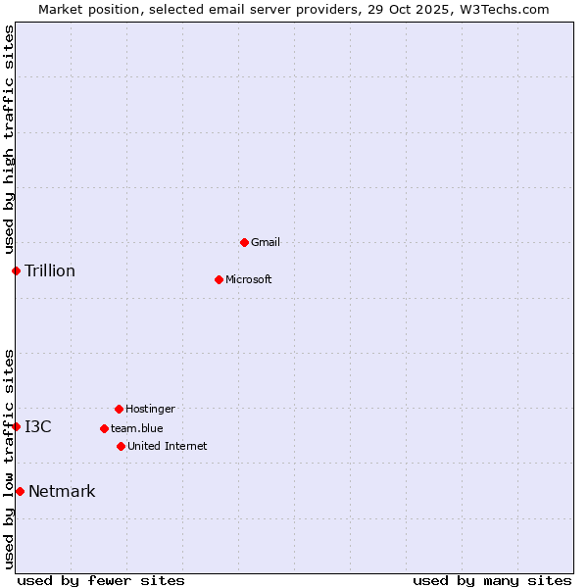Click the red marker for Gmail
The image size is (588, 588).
tap(244, 242)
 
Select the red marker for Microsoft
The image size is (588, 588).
tap(219, 279)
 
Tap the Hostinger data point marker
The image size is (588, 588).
tap(119, 409)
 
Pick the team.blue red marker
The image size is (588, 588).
tap(104, 428)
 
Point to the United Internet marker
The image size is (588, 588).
tap(121, 446)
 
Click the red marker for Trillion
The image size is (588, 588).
tap(16, 270)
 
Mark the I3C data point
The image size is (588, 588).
tap(16, 426)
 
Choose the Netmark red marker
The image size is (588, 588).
tap(20, 491)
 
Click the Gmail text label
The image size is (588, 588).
tap(266, 242)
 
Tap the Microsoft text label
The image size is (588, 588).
tap(249, 279)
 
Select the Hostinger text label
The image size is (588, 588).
tap(150, 409)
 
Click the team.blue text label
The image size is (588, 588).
tap(137, 428)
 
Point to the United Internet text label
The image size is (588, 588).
tap(168, 446)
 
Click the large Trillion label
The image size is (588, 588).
tap(50, 270)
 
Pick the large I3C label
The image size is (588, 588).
tap(38, 426)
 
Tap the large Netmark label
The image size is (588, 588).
tap(62, 491)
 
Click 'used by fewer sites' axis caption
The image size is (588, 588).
tap(101, 580)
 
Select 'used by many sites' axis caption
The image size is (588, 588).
tap(492, 580)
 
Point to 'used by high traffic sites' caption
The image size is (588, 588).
tap(9, 139)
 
